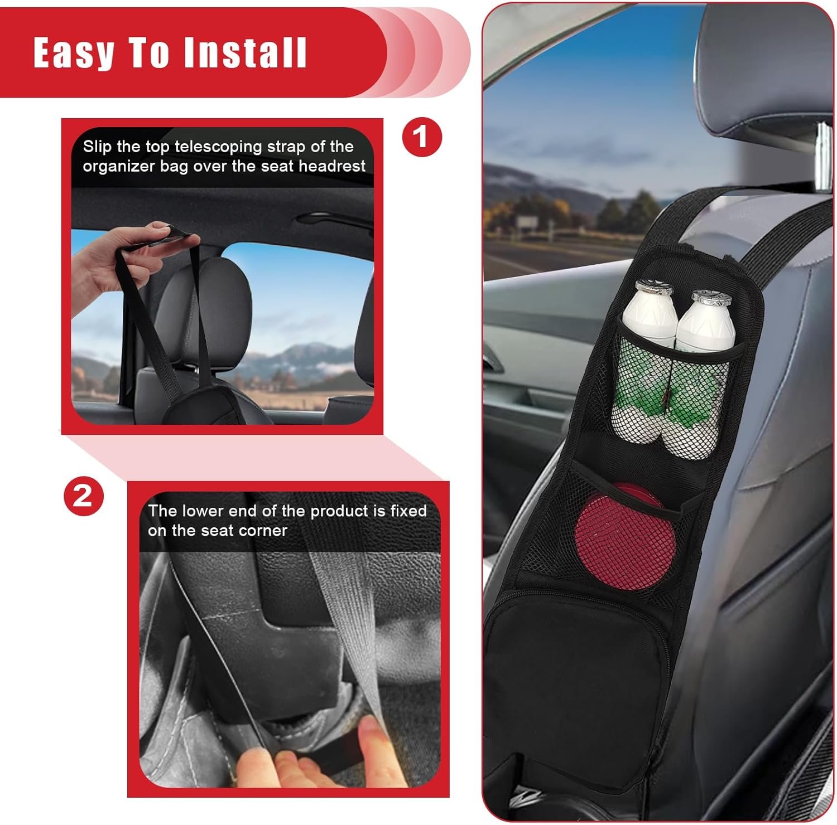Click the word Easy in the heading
74,53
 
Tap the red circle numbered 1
422,137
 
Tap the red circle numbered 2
84,495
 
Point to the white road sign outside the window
526,223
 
